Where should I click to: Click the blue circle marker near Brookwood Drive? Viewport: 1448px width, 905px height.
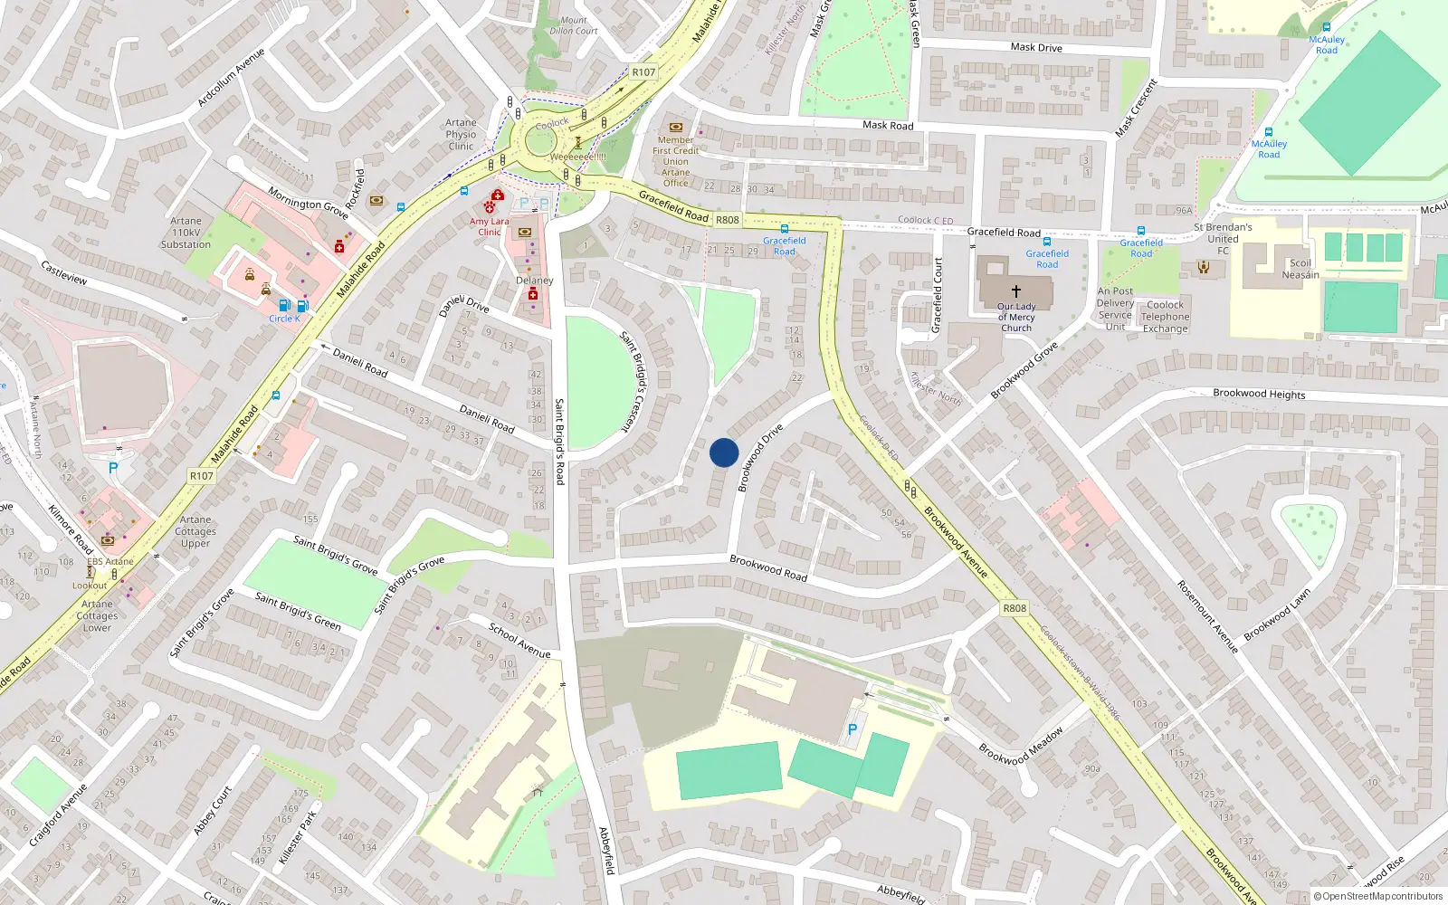coord(724,452)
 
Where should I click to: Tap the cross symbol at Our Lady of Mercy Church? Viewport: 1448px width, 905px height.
coord(1015,291)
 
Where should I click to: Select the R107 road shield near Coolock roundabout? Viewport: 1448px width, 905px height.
coord(643,72)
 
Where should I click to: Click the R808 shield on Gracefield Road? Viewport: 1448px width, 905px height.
coord(727,220)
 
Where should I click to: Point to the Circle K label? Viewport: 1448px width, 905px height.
coord(284,319)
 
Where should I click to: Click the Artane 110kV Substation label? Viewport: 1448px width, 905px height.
coord(186,233)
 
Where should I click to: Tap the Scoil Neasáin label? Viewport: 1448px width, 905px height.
coord(1300,269)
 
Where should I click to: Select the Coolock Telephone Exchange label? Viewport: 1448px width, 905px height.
coord(1165,317)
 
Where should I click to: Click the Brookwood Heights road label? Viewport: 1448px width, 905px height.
coord(1259,394)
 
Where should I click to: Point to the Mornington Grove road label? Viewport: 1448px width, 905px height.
coord(308,204)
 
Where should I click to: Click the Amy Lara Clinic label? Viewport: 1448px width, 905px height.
coord(489,226)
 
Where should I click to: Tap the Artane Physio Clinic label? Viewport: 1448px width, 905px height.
coord(461,134)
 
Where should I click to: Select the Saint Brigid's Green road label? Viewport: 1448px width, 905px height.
coord(298,611)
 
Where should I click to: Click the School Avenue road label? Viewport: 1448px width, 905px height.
coord(519,640)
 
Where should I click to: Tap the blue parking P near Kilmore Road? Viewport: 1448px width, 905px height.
coord(113,468)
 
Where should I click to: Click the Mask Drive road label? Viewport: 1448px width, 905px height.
coord(1036,47)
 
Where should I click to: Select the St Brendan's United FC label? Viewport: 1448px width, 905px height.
coord(1223,239)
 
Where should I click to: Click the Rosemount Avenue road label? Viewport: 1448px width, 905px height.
coord(1207,616)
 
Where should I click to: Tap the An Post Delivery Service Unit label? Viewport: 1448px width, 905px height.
coord(1115,310)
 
